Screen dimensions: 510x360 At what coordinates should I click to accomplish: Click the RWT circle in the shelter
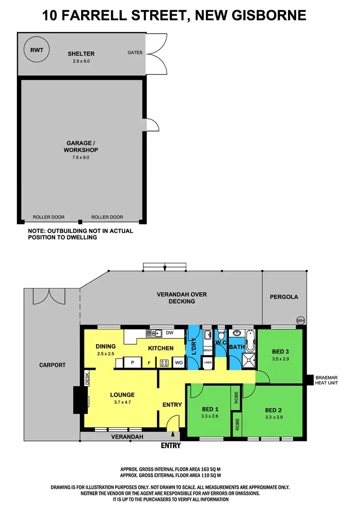coord(36,49)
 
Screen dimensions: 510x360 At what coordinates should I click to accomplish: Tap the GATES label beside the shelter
coord(135,52)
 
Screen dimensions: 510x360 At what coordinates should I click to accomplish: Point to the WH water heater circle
coord(300,321)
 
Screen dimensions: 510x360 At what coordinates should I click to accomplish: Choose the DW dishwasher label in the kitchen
coord(169,332)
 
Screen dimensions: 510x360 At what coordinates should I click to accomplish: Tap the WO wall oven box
coord(178,363)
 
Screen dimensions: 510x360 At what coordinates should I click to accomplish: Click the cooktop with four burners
coord(163,363)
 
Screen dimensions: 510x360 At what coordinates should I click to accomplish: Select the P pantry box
coord(132,363)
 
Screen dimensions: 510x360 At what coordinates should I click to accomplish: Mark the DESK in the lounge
coord(87,379)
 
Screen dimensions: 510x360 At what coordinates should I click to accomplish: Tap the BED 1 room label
coord(209,410)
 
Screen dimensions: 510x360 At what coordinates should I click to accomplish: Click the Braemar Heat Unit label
coord(330,380)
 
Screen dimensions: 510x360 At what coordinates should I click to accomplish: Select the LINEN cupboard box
coord(208,364)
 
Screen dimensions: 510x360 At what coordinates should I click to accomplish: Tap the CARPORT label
coord(52,365)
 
